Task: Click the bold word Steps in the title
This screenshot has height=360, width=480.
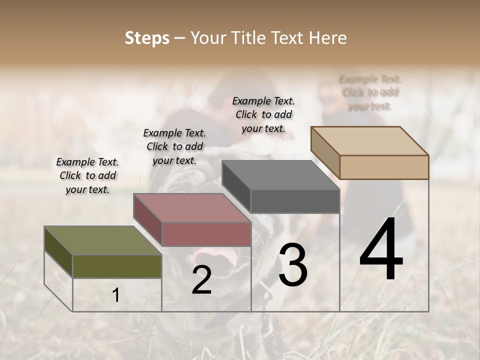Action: coord(147,38)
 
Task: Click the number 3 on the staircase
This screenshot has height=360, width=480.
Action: coord(292,265)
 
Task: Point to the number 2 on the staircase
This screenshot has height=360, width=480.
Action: coord(201,280)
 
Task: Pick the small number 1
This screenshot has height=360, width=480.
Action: coord(115,295)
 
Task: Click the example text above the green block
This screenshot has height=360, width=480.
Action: coord(87,175)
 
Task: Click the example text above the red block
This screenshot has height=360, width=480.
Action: coord(174,146)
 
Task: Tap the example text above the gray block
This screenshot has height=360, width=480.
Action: coord(263,114)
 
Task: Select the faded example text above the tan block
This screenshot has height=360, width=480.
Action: coord(370,92)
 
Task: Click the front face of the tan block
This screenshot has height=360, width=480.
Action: coord(384,167)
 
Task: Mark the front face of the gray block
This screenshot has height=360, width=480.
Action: coord(295,201)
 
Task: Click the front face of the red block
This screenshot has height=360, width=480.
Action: coord(206,234)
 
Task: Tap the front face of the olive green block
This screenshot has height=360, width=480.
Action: coord(117,266)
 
